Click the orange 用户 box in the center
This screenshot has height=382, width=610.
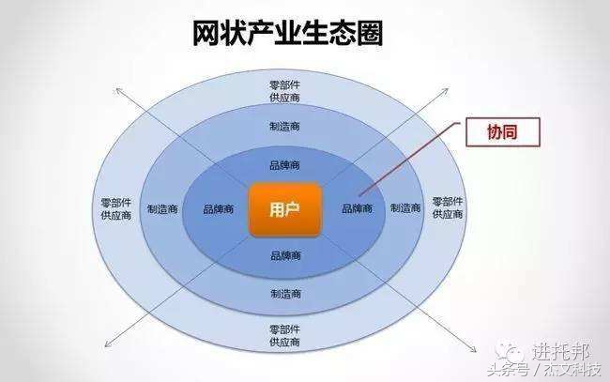(x=285, y=209)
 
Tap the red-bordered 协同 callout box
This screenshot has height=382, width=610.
(x=504, y=132)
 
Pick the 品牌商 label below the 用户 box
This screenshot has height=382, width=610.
(x=285, y=255)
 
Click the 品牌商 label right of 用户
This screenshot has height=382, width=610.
(x=356, y=208)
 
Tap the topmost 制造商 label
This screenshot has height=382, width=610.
(x=285, y=126)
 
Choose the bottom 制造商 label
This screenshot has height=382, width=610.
(x=285, y=293)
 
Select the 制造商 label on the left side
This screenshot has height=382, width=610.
(x=163, y=209)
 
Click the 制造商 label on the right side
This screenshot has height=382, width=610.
(x=405, y=208)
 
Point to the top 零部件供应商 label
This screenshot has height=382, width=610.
(x=285, y=91)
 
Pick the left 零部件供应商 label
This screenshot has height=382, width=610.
(x=115, y=208)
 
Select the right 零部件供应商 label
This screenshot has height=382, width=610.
(x=449, y=207)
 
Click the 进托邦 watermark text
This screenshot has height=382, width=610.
(x=559, y=352)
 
